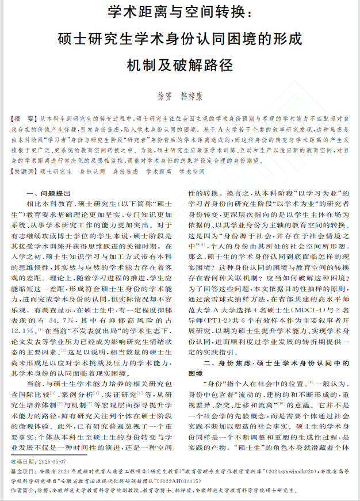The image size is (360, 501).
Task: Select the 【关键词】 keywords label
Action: coord(25,171)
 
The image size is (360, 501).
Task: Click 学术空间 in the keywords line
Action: coord(192,171)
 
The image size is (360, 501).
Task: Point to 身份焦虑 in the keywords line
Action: coord(125,171)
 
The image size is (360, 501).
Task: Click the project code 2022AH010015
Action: coord(186,480)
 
